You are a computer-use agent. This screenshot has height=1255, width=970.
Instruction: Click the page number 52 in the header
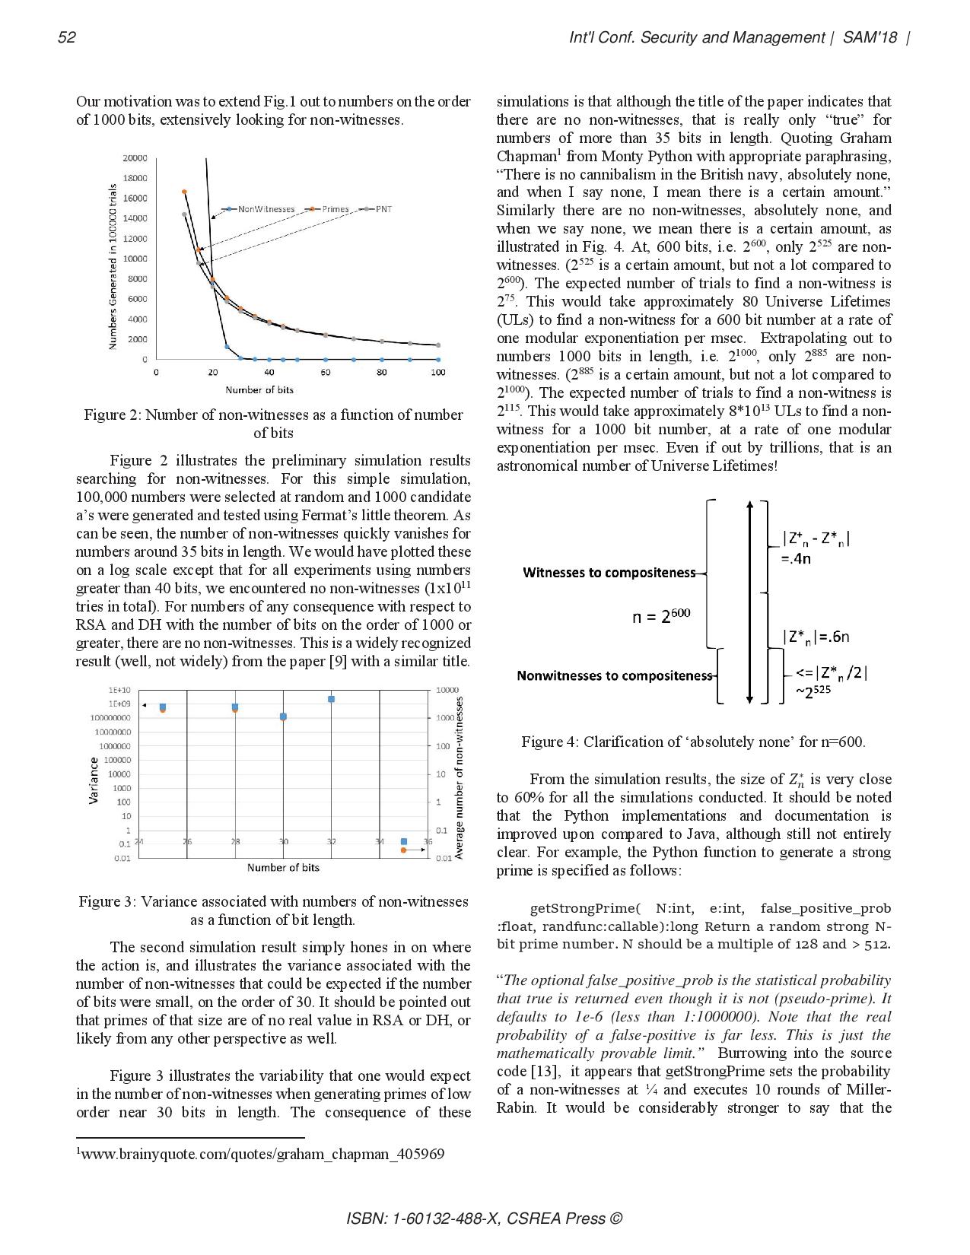pyautogui.click(x=67, y=38)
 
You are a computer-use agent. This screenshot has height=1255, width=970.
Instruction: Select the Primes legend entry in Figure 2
pyautogui.click(x=335, y=209)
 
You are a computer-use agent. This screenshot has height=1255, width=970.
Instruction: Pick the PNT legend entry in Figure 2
pyautogui.click(x=383, y=209)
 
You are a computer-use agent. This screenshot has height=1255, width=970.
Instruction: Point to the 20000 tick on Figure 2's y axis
pyautogui.click(x=135, y=158)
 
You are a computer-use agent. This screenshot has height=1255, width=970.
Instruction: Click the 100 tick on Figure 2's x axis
pyautogui.click(x=438, y=373)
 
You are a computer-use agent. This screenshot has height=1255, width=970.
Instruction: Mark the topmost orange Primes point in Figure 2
pyautogui.click(x=184, y=192)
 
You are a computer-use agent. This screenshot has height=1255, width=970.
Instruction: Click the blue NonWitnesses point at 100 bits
pyautogui.click(x=438, y=359)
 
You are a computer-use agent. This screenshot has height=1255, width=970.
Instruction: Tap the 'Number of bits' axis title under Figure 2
pyautogui.click(x=259, y=390)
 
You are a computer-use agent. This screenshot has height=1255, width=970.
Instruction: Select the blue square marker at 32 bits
pyautogui.click(x=332, y=699)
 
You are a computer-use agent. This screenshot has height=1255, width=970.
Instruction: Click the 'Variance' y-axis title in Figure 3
pyautogui.click(x=94, y=780)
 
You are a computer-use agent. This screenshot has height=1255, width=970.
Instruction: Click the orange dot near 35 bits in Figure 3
pyautogui.click(x=404, y=850)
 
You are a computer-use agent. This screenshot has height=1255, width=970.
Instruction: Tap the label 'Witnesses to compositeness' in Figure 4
pyautogui.click(x=609, y=573)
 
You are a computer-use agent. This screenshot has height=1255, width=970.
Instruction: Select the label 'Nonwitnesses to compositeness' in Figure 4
pyautogui.click(x=614, y=675)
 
